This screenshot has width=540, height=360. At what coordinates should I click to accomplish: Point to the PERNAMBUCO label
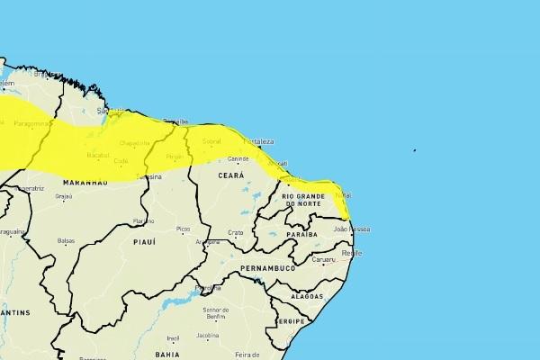click(x=267, y=268)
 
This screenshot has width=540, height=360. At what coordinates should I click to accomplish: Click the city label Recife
click(x=352, y=254)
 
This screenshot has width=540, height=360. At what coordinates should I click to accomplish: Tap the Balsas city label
click(x=66, y=240)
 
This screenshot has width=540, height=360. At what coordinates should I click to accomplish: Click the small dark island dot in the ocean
click(x=415, y=150)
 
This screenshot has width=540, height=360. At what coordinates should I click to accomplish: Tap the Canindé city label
click(x=238, y=158)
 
